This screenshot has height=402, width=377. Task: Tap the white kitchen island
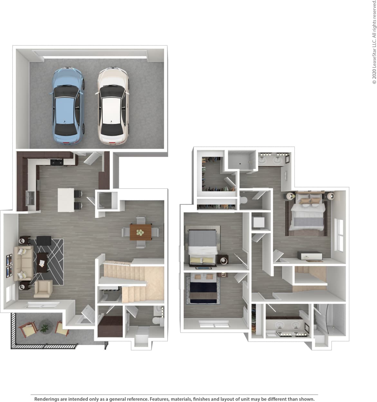click(x=66, y=200)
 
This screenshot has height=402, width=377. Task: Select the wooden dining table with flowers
click(x=141, y=232)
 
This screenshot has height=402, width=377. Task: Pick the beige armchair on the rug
click(x=43, y=289)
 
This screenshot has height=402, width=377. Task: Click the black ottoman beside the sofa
click(x=44, y=240)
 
